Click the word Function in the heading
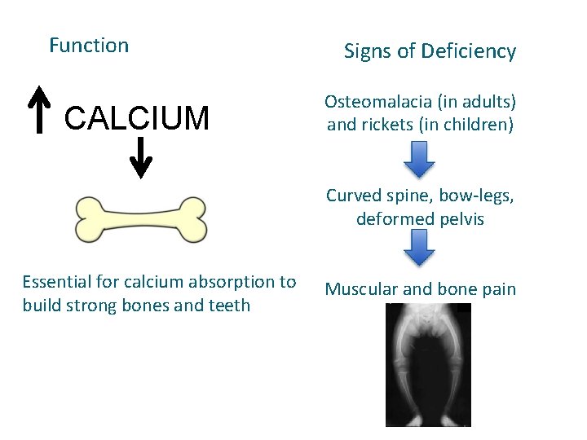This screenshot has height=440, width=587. [89, 46]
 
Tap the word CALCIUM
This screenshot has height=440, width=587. [137, 119]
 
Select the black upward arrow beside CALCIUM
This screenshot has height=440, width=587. [38, 110]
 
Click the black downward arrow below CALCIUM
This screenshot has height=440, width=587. [141, 157]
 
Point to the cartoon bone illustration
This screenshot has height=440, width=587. [141, 219]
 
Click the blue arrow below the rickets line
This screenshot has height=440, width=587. [420, 159]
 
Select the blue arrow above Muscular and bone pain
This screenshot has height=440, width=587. [420, 247]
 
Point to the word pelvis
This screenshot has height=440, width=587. [461, 219]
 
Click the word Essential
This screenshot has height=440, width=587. [55, 283]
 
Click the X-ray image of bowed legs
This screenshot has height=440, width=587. [428, 364]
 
